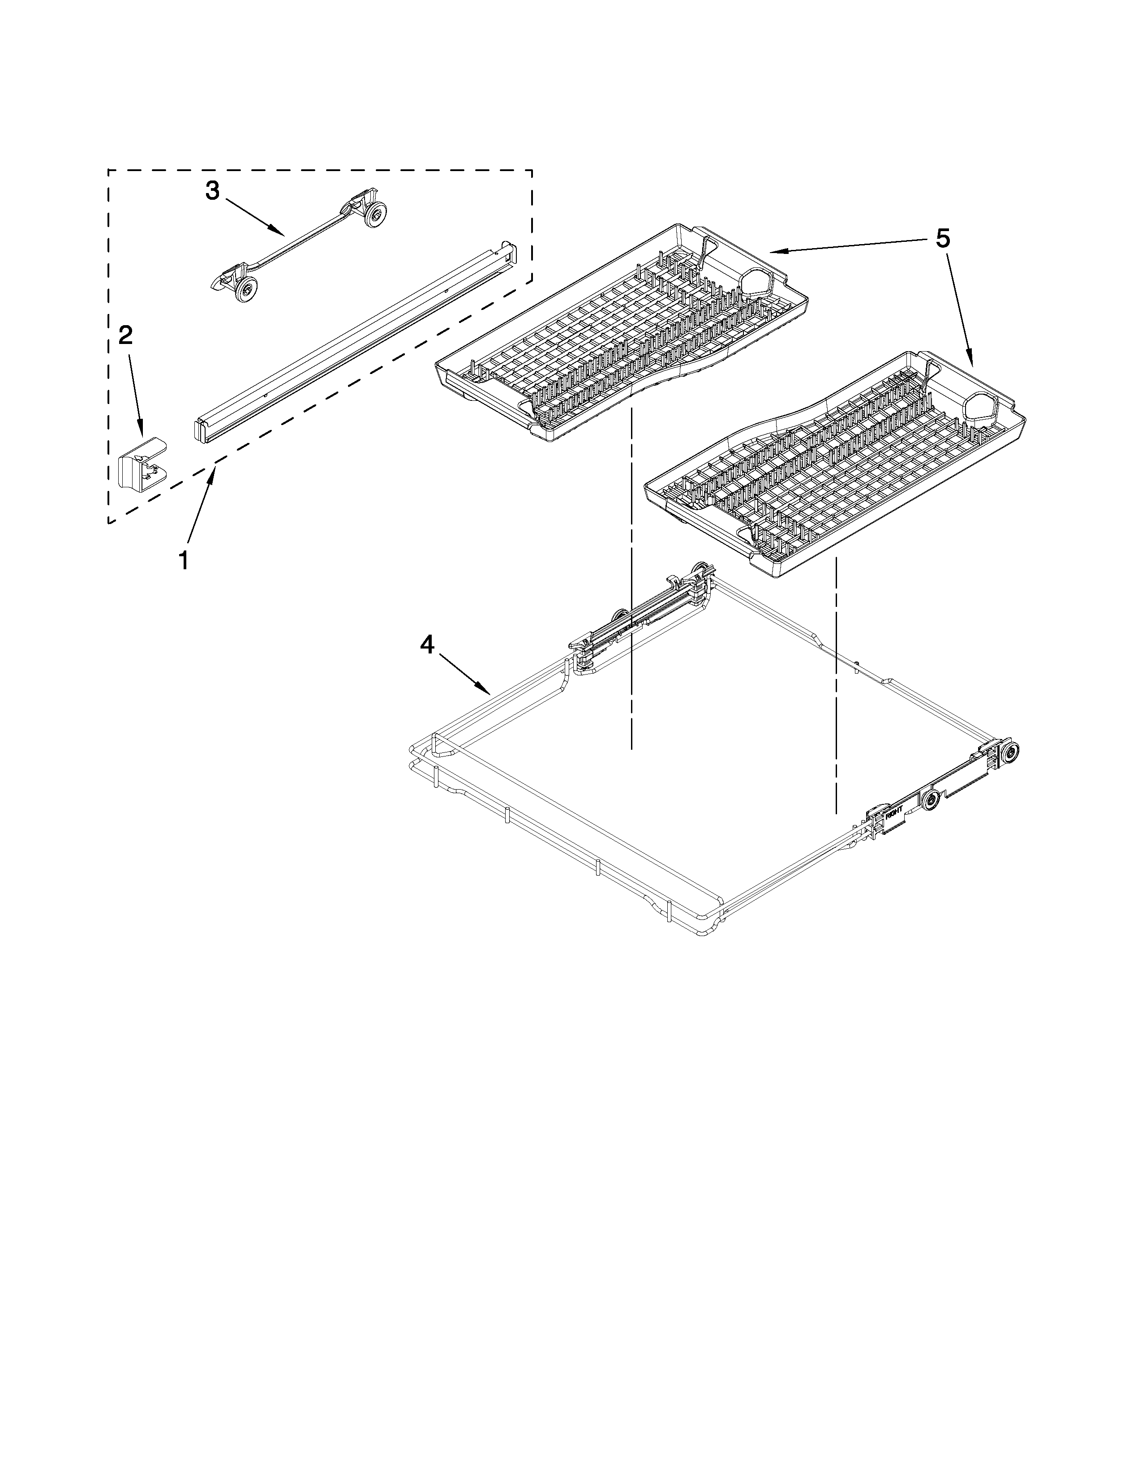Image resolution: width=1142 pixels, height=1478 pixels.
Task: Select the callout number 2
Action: pyautogui.click(x=126, y=335)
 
